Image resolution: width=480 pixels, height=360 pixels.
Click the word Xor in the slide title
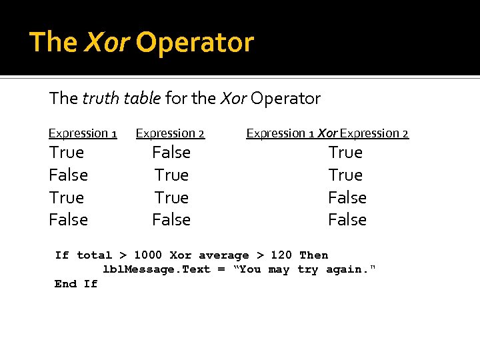tap(107, 42)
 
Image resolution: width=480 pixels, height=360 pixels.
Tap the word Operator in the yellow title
tap(195, 42)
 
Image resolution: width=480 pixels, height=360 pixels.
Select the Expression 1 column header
tap(83, 133)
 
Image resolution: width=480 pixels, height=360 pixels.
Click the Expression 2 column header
tap(170, 133)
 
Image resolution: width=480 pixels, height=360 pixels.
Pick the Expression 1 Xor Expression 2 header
tap(327, 133)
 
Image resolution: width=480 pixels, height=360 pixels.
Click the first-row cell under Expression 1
tap(67, 153)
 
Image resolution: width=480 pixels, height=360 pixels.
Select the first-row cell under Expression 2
tap(171, 153)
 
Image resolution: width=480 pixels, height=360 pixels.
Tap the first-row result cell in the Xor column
tap(345, 153)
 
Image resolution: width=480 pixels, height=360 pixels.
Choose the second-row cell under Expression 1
tap(69, 175)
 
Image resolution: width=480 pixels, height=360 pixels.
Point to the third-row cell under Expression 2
tap(171, 198)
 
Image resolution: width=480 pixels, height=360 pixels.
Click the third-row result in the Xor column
tap(347, 198)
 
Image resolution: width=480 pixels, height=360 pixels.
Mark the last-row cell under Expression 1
tap(69, 220)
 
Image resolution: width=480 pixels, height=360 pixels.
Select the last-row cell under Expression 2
tap(171, 220)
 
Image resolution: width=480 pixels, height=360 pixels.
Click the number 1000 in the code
tap(148, 255)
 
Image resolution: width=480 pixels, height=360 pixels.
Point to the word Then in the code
tap(314, 255)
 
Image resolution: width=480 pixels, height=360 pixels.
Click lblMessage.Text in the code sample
tap(157, 269)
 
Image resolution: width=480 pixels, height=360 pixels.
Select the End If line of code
tap(76, 284)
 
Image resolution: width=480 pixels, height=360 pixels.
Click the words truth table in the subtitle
tap(121, 99)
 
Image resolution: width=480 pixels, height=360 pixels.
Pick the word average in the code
tap(223, 255)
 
